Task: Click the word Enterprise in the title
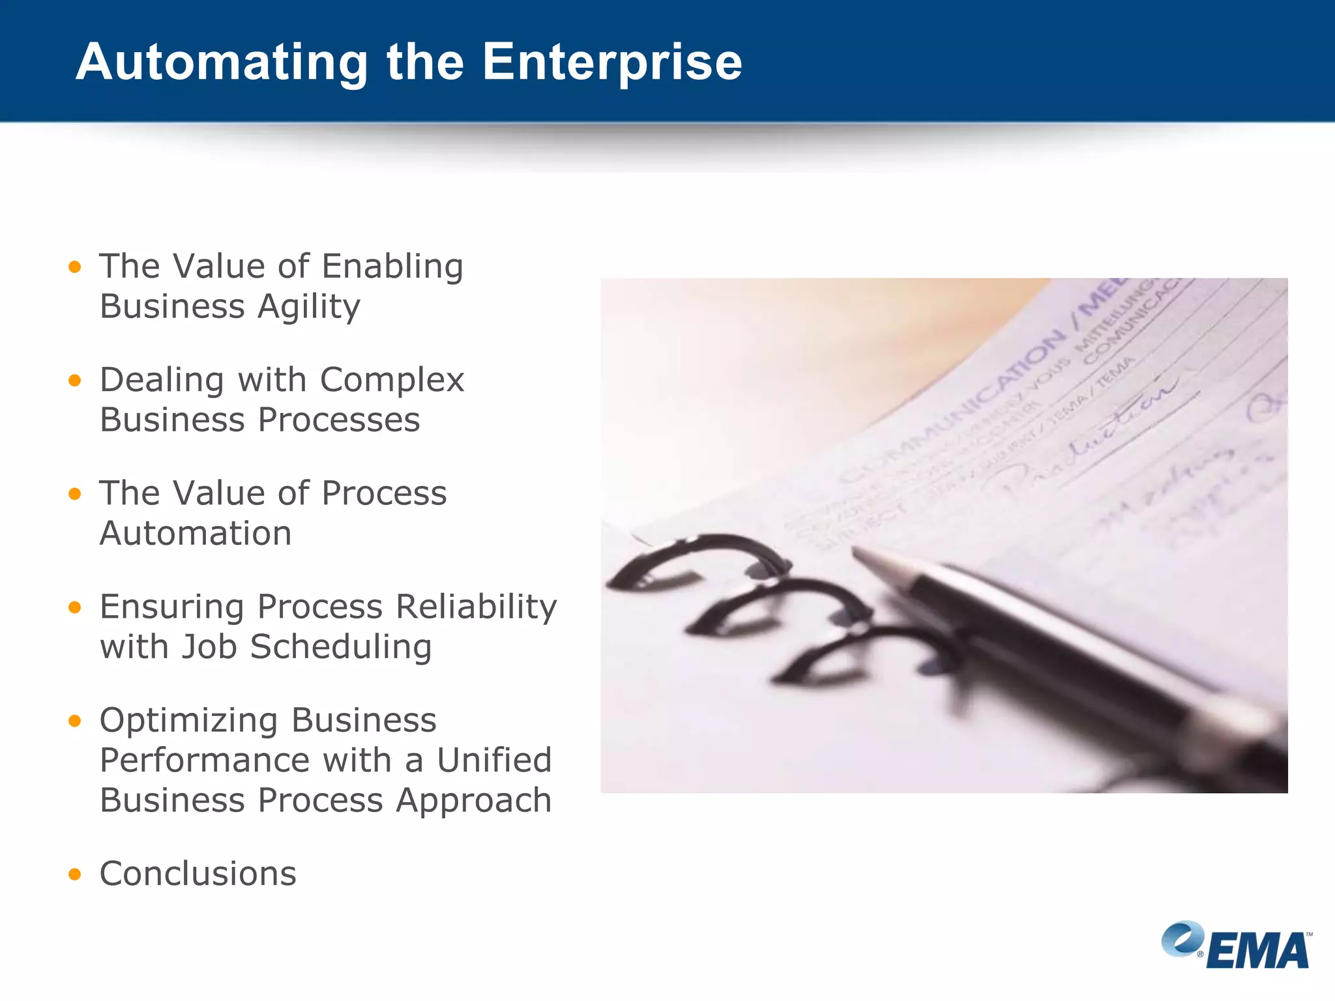(611, 63)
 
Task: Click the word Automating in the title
(222, 63)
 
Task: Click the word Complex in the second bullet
(392, 380)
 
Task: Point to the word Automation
(196, 534)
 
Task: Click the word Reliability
(476, 607)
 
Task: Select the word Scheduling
(340, 647)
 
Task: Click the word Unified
(494, 761)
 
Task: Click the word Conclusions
(198, 874)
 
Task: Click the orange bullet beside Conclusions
(75, 875)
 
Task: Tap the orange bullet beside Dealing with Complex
(75, 380)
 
